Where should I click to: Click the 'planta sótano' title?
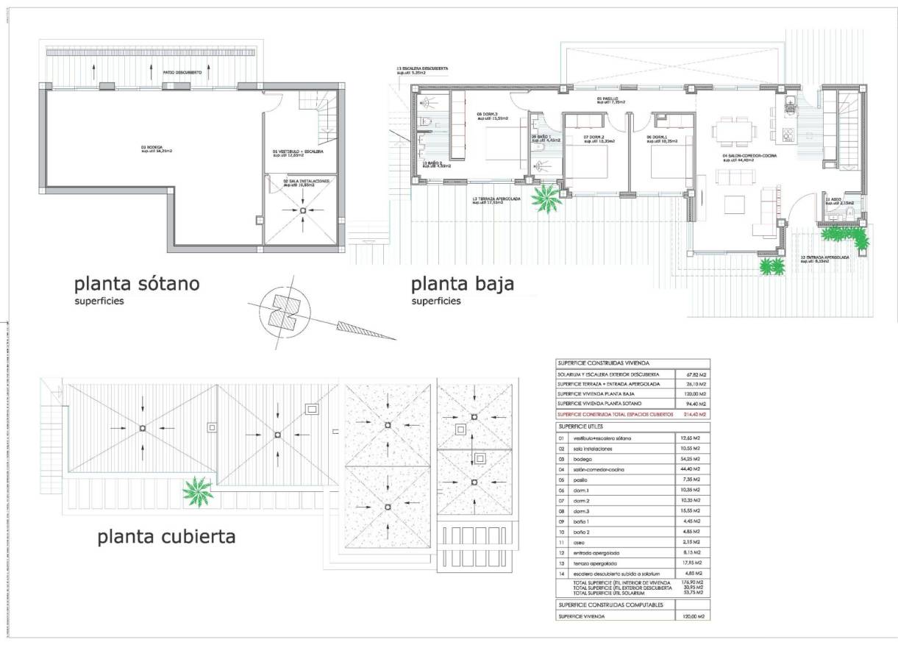point(137,283)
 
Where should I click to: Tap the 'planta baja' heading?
point(462,283)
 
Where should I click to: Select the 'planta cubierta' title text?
point(167,536)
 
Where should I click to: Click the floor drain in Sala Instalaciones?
point(304,212)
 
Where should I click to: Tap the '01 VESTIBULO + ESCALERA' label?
point(298,153)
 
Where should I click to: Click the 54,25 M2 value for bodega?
point(692,458)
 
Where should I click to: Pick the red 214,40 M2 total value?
point(692,415)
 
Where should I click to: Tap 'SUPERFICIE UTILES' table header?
point(581,427)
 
